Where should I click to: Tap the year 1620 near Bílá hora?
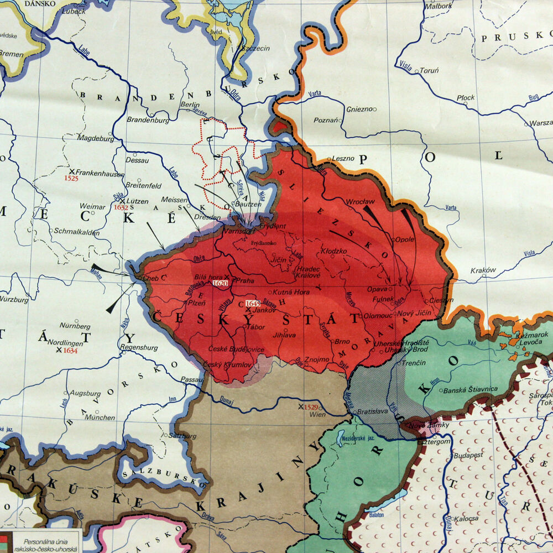point(220,283)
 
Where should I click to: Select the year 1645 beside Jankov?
point(253,304)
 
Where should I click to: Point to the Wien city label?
point(316,414)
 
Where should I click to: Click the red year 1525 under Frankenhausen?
point(71,178)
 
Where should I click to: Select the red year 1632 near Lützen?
point(121,208)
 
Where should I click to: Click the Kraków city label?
point(483,271)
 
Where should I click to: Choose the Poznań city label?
point(325,120)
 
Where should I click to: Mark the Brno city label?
point(343,342)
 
